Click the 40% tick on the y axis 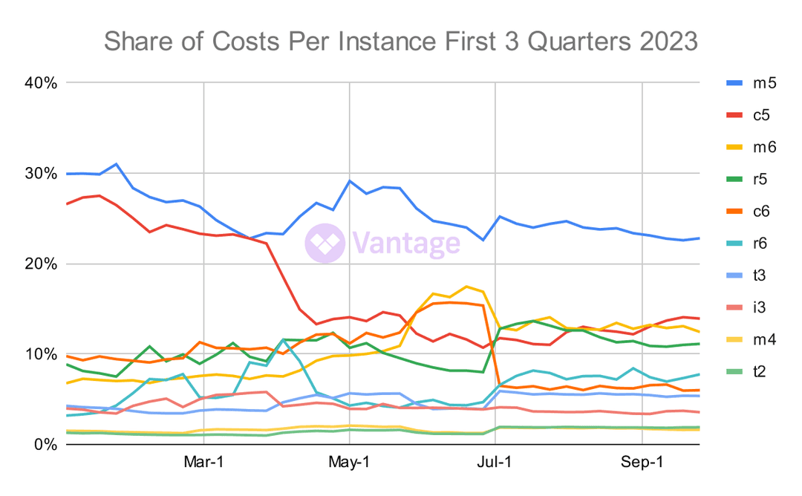(x=40, y=82)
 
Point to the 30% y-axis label (x=40, y=173)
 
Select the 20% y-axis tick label (x=40, y=264)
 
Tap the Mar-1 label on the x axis (x=203, y=462)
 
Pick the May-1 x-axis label (x=349, y=462)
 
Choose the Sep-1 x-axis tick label (x=642, y=462)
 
